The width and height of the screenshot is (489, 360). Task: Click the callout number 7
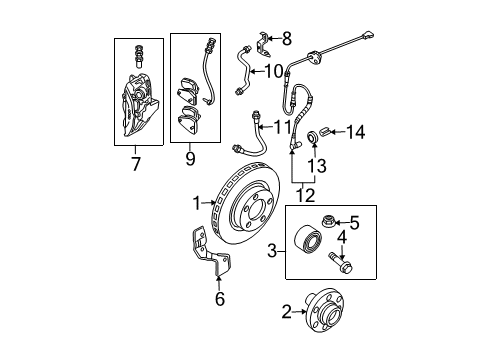[135, 164]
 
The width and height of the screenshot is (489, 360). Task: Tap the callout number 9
[190, 158]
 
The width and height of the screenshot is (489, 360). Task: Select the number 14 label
[356, 132]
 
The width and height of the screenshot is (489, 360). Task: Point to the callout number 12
[305, 195]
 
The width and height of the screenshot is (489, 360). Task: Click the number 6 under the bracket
[220, 298]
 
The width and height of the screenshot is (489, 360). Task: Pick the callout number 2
[286, 312]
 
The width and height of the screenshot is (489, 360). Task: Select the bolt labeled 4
[340, 262]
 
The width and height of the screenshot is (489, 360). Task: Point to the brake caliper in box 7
[138, 105]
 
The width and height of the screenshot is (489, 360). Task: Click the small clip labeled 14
[325, 131]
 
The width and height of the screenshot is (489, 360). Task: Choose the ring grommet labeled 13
[313, 136]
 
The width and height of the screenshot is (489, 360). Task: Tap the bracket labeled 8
[264, 44]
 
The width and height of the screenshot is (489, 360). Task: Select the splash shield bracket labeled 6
[211, 253]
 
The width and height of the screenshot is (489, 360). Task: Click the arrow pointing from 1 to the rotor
[209, 202]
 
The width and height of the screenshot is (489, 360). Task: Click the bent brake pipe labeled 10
[244, 72]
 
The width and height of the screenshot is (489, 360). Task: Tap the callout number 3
[272, 251]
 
